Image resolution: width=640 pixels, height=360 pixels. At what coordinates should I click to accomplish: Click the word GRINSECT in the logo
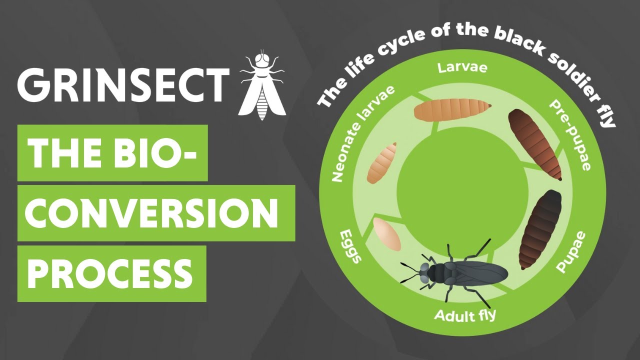123,82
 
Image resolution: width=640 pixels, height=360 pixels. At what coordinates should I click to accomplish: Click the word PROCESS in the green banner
110,273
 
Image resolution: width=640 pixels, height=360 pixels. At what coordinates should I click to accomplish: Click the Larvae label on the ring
462,67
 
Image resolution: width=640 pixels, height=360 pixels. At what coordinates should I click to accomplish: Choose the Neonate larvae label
362,133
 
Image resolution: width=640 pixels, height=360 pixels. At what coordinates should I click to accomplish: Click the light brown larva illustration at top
452,109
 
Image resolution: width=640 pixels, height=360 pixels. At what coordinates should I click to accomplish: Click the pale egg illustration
387,234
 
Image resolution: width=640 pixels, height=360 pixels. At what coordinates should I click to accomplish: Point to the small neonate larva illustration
382,162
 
